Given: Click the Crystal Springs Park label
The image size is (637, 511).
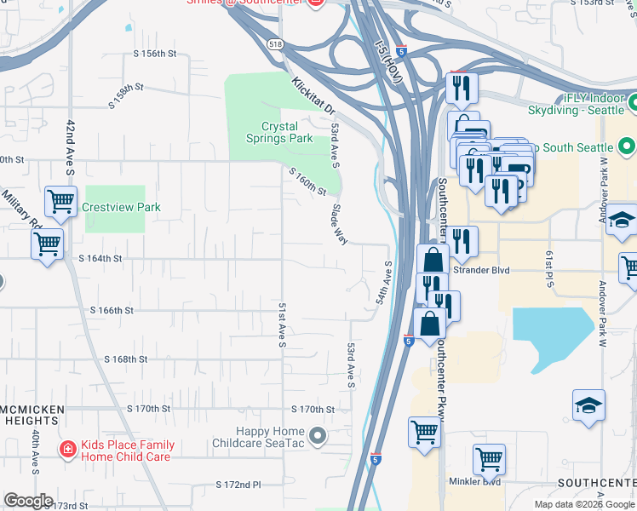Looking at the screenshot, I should click(x=279, y=132).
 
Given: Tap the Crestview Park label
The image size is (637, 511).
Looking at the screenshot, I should click(x=121, y=207).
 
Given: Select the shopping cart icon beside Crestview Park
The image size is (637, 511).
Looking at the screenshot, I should click(x=60, y=202).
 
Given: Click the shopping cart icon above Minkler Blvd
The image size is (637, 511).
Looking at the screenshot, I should click(x=489, y=459).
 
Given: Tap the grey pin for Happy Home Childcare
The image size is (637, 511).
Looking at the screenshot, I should click(x=318, y=437).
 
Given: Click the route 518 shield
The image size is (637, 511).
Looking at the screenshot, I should click(x=274, y=43).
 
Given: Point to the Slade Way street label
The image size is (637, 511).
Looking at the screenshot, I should click(x=339, y=224).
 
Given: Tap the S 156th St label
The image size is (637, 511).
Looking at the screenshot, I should click(x=154, y=54).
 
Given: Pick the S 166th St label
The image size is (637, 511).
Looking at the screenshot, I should click(x=112, y=311).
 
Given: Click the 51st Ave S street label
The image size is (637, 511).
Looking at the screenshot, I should click(x=281, y=324).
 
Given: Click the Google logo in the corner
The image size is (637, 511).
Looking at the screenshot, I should click(x=28, y=501).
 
